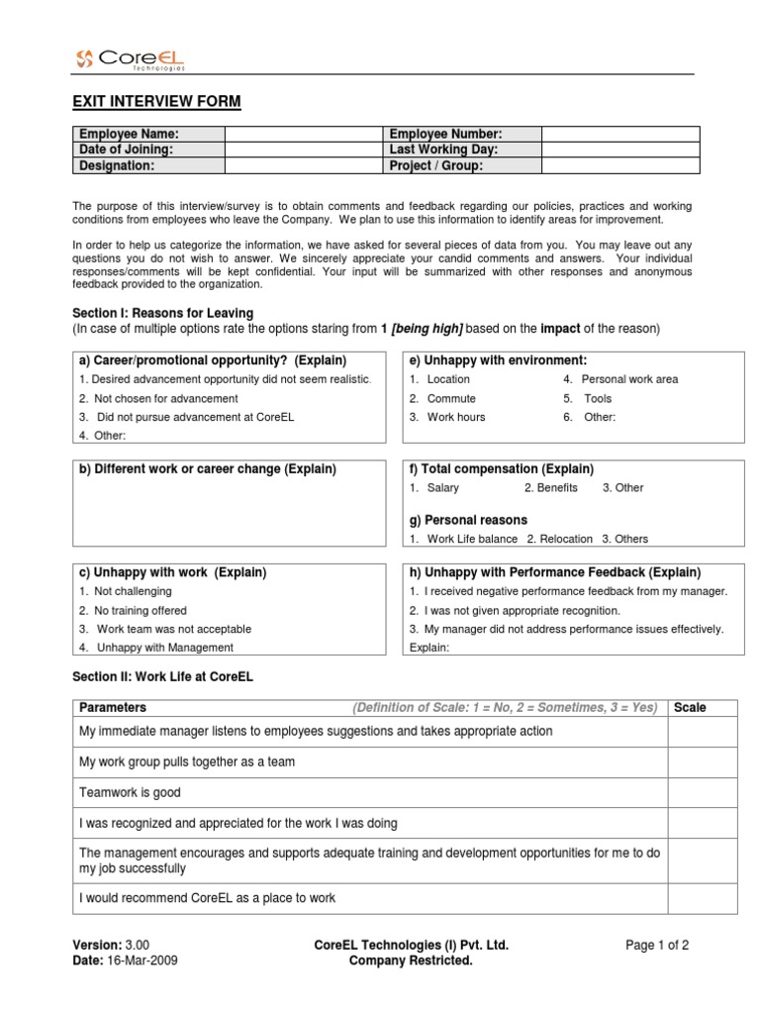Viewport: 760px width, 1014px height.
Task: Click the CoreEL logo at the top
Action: [x=130, y=59]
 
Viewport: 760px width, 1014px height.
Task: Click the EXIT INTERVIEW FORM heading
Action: [x=156, y=102]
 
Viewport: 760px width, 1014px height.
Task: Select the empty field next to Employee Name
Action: [x=303, y=134]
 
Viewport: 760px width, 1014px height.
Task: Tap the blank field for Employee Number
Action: [x=619, y=134]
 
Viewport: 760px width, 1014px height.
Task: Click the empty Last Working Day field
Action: [x=619, y=150]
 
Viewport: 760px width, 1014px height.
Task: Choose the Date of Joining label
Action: [x=127, y=150]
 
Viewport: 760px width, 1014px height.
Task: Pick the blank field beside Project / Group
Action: [x=619, y=165]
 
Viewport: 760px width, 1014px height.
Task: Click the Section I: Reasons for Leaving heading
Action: [x=163, y=313]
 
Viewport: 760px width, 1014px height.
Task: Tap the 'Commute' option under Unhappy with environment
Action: [x=451, y=398]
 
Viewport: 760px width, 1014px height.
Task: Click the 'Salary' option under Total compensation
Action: [x=442, y=487]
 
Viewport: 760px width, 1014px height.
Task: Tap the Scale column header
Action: [x=690, y=707]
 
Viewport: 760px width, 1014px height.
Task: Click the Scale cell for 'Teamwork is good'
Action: [x=702, y=793]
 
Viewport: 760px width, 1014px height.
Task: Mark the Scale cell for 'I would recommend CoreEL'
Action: [x=702, y=898]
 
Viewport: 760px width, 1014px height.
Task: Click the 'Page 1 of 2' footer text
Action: [x=657, y=945]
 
